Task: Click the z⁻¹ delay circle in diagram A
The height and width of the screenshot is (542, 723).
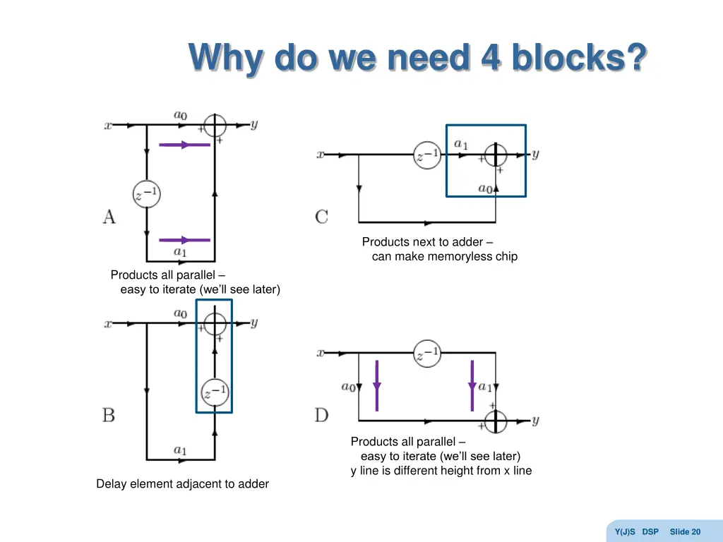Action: point(146,194)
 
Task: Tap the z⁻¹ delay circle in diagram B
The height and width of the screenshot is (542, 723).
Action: point(214,390)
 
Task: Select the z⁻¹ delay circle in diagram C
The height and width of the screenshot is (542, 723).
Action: point(427,155)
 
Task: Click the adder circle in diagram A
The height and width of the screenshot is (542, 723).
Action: point(214,126)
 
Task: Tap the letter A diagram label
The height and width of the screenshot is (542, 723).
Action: point(109,216)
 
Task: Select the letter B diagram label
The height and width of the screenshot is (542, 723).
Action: point(109,414)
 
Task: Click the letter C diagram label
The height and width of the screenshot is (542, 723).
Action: point(321,217)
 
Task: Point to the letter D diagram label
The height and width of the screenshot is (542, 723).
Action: point(321,415)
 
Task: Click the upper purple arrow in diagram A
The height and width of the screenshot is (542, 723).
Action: point(184,145)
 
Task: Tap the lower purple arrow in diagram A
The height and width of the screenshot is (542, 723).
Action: point(184,240)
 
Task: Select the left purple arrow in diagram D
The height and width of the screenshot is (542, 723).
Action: point(377,385)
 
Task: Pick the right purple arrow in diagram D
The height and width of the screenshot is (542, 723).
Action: point(472,385)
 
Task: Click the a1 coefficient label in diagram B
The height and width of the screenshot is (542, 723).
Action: point(180,450)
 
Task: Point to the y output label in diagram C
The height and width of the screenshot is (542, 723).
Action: point(535,154)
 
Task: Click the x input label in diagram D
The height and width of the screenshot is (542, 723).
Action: point(320,352)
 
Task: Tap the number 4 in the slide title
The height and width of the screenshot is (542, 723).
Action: point(490,58)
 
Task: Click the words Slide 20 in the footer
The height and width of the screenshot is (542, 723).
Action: point(685,531)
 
